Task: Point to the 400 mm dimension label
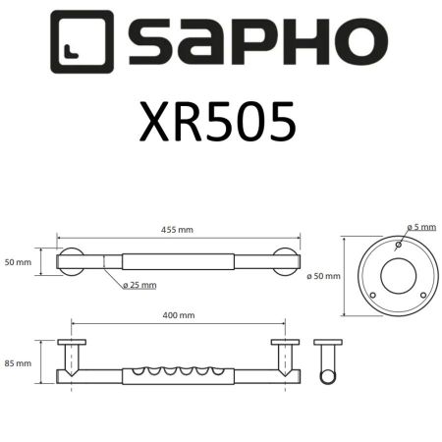[x=179, y=315]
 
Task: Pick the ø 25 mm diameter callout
[x=140, y=286]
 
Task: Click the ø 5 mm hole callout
[x=423, y=227]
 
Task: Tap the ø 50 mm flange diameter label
[x=324, y=276]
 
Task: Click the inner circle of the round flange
[x=399, y=276]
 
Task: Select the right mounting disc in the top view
[x=289, y=262]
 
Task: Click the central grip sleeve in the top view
[x=179, y=262]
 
